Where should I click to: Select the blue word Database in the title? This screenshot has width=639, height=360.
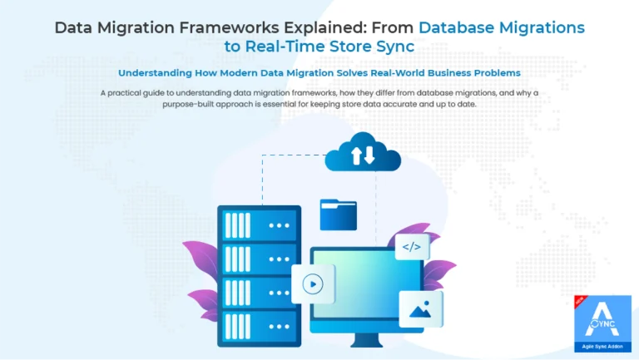[457, 27]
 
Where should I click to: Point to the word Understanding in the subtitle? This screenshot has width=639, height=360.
[155, 73]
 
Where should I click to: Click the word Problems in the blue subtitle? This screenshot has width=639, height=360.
[497, 73]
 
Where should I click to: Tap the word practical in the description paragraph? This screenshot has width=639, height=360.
[124, 93]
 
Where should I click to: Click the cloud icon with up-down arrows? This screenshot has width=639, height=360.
[363, 153]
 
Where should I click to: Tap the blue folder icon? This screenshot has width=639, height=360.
[339, 215]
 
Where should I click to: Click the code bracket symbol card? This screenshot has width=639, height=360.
[412, 247]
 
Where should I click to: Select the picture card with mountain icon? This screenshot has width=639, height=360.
[420, 309]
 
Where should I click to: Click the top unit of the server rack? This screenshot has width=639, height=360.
[260, 224]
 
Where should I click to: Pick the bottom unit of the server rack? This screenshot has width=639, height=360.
[260, 326]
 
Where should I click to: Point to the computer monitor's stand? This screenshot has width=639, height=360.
[366, 340]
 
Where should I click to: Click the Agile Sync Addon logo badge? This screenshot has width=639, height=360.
[602, 323]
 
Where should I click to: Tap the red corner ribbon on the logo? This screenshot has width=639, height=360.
[580, 301]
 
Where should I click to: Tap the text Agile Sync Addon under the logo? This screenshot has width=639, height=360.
[602, 347]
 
